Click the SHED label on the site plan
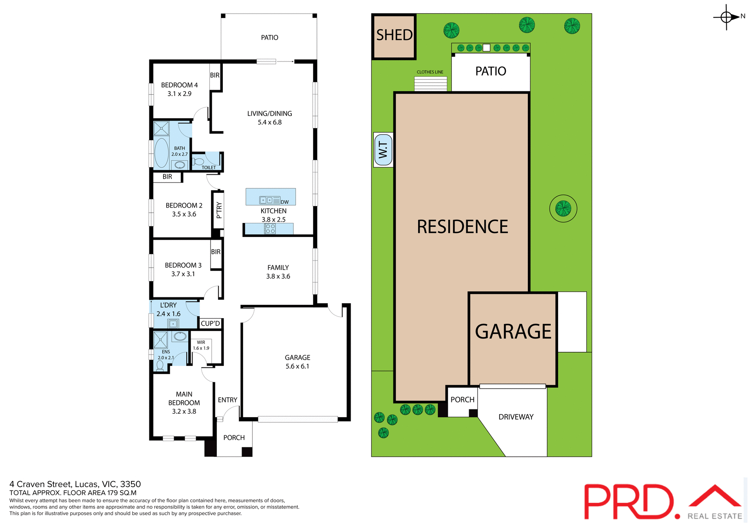(x=394, y=35)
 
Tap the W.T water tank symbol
(x=383, y=150)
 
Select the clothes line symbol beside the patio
(x=431, y=83)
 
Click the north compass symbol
(x=726, y=17)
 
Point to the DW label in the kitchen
(x=285, y=202)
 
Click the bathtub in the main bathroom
(x=161, y=153)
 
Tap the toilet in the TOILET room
(x=199, y=161)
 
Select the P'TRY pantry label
(x=219, y=210)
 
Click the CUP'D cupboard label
(x=210, y=324)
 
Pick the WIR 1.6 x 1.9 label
(x=201, y=345)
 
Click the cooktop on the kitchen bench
(x=270, y=229)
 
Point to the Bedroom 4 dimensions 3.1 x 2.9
(x=179, y=94)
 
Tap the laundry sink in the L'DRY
(x=173, y=324)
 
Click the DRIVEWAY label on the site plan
(x=516, y=417)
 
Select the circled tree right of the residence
(x=563, y=208)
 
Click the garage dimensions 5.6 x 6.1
(x=297, y=367)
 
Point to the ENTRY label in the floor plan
(x=227, y=400)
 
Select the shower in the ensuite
(x=160, y=340)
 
